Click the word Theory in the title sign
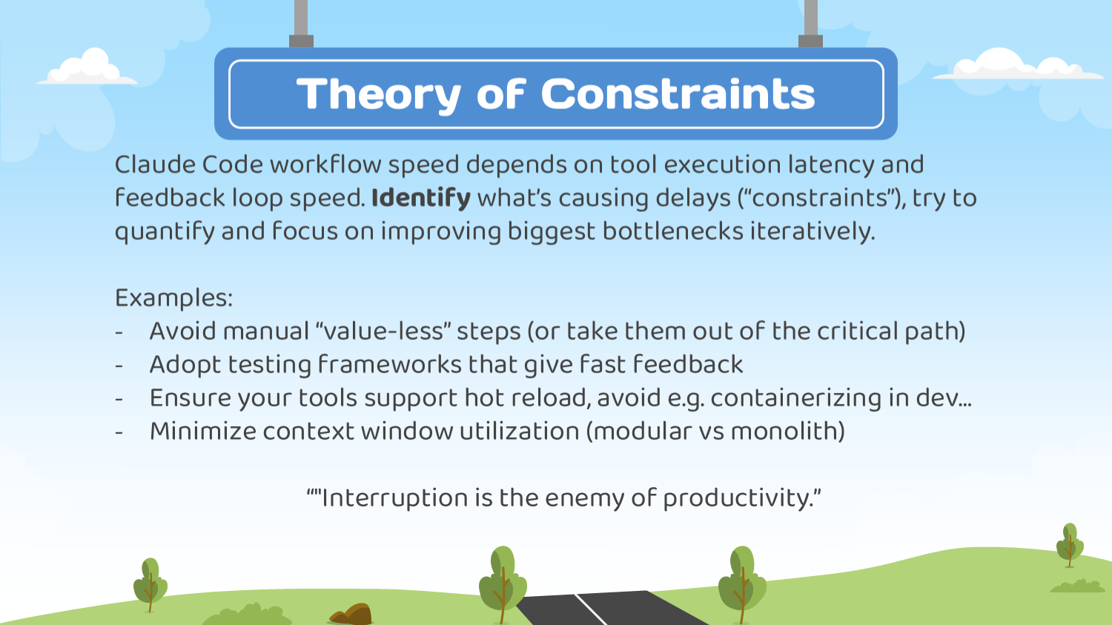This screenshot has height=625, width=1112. [x=379, y=95]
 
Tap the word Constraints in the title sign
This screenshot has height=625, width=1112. [x=678, y=95]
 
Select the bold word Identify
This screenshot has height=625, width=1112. [x=420, y=198]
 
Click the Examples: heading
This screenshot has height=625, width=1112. [x=173, y=298]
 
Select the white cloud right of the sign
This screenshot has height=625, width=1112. [x=1016, y=66]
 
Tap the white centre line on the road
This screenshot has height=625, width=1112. [x=591, y=609]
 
